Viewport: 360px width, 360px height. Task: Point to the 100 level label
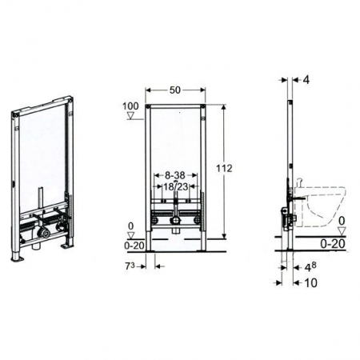[130, 106]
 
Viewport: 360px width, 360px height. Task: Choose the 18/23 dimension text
[174, 186]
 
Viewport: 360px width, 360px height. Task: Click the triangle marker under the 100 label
[130, 116]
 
